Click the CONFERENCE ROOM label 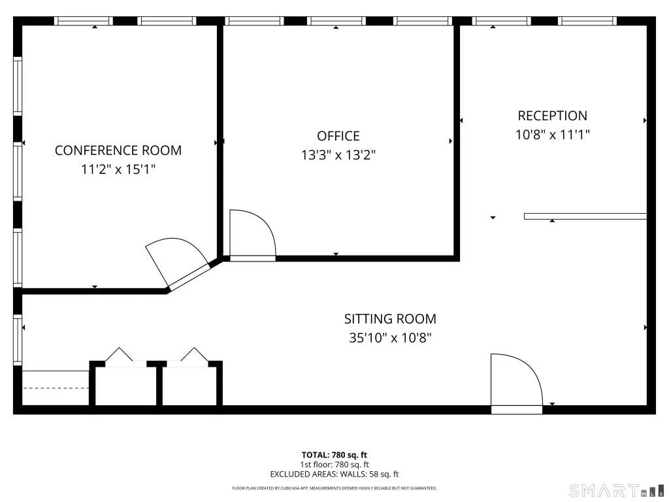click(x=118, y=150)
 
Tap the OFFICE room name click(x=338, y=136)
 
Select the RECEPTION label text click(x=553, y=116)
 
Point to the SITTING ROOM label click(x=391, y=319)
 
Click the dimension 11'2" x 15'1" click(x=118, y=169)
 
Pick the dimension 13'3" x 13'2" click(x=338, y=154)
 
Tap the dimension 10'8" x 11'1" click(x=553, y=135)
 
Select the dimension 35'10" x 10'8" click(x=391, y=338)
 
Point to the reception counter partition click(x=585, y=216)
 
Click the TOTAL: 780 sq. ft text click(x=334, y=455)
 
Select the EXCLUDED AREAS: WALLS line click(x=334, y=474)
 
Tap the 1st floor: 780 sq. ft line click(x=334, y=465)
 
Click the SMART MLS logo click(x=617, y=490)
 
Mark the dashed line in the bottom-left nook click(x=56, y=388)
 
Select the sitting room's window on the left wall click(x=18, y=340)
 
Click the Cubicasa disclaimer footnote click(x=334, y=488)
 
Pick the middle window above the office click(x=336, y=21)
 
